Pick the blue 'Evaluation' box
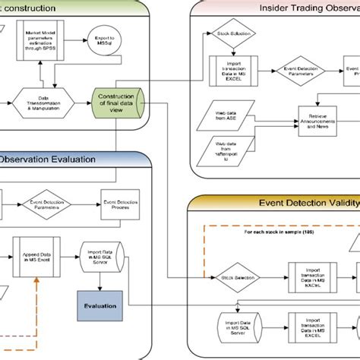[100, 306]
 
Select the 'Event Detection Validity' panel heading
[303, 204]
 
